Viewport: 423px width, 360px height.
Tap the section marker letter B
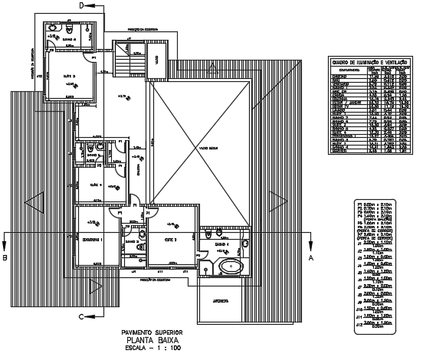5,259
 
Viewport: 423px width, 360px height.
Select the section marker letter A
311,259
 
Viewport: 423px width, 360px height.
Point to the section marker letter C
81,315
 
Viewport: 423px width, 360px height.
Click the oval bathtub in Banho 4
228,268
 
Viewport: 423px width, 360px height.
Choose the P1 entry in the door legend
372,201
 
